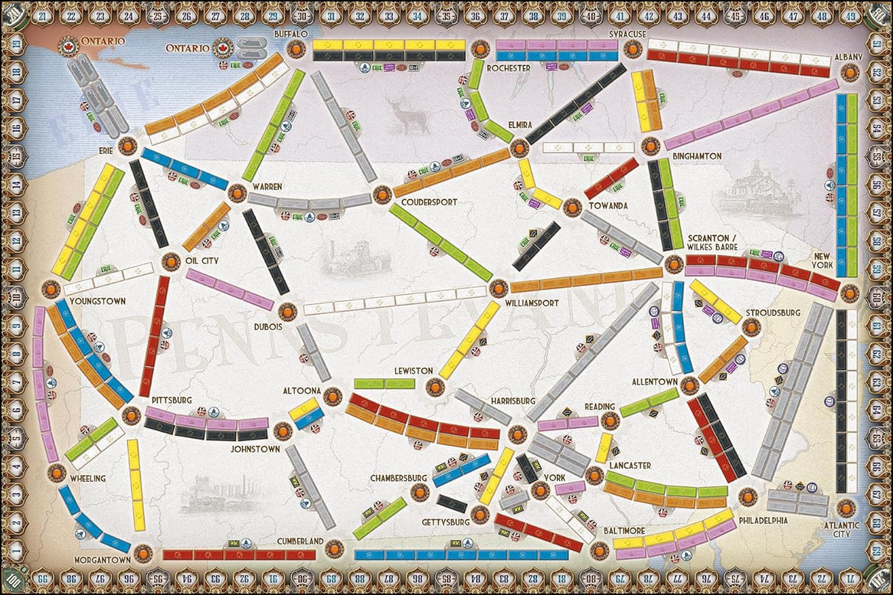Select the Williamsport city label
[x=532, y=302]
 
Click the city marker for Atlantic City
[x=846, y=507]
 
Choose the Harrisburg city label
[x=508, y=400]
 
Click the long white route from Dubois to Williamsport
[x=395, y=300]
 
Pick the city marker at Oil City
[x=170, y=261]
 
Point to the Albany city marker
[x=850, y=72]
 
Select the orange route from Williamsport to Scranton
[x=586, y=280]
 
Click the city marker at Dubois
[x=288, y=312]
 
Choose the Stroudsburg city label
[x=772, y=313]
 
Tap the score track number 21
[x=40, y=16]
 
